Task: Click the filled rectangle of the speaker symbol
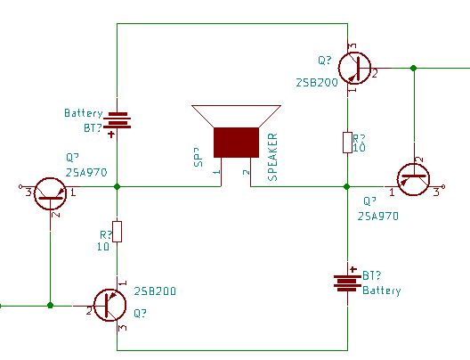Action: point(236,143)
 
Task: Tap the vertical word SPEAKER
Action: point(272,157)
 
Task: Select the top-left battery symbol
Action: point(117,120)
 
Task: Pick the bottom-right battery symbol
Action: point(347,283)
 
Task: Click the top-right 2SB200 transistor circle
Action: point(354,68)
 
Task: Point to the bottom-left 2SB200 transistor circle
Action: point(109,305)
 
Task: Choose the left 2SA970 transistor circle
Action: point(51,193)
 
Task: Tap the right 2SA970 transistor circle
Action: point(413,179)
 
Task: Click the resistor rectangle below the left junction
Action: point(117,232)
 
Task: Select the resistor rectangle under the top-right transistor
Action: point(347,143)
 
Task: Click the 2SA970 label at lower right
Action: point(378,217)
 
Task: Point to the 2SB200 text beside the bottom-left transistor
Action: point(155,291)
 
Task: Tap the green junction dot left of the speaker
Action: point(117,186)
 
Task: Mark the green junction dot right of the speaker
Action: point(347,186)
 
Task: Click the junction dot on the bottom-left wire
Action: point(51,306)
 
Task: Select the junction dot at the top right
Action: point(414,68)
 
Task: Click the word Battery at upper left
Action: point(84,113)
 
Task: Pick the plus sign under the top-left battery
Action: point(111,134)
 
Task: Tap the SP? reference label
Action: point(199,157)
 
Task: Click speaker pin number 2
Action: point(246,172)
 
